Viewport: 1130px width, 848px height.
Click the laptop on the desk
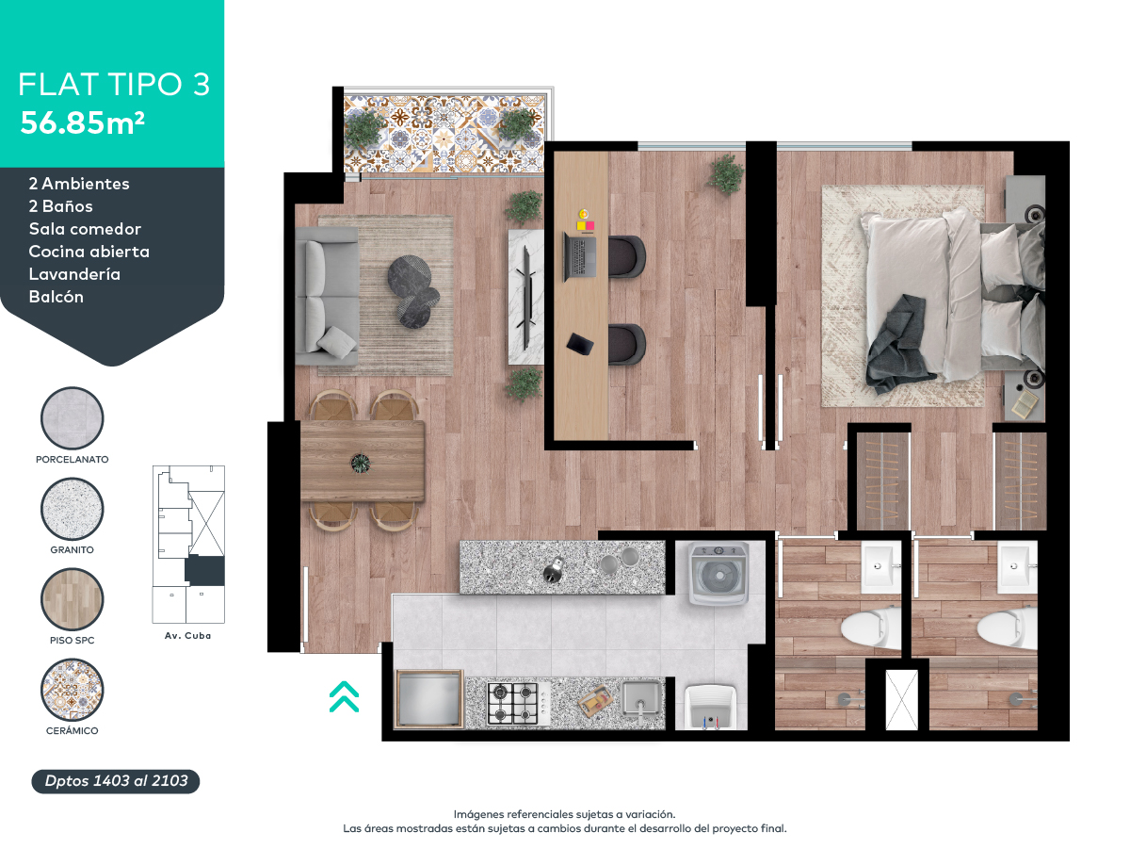click(580, 256)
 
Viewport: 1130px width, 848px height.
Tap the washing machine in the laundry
click(718, 573)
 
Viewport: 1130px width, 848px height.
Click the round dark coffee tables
click(412, 291)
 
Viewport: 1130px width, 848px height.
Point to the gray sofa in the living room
click(327, 296)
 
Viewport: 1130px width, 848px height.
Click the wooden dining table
click(363, 461)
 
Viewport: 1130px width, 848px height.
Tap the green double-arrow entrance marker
click(344, 696)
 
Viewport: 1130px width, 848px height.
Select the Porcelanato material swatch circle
click(73, 418)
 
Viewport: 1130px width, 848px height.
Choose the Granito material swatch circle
click(73, 509)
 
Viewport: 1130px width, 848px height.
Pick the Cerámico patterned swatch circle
click(73, 690)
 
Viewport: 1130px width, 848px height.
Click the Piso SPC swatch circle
click(73, 599)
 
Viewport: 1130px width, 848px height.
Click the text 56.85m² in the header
click(82, 122)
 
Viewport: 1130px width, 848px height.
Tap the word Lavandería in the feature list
click(74, 274)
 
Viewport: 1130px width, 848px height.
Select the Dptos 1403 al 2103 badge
click(116, 781)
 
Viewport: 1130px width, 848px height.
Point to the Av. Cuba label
click(188, 635)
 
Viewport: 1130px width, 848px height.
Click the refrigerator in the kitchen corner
click(428, 699)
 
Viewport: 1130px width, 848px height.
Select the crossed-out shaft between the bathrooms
click(901, 700)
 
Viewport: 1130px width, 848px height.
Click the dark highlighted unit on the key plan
click(205, 570)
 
